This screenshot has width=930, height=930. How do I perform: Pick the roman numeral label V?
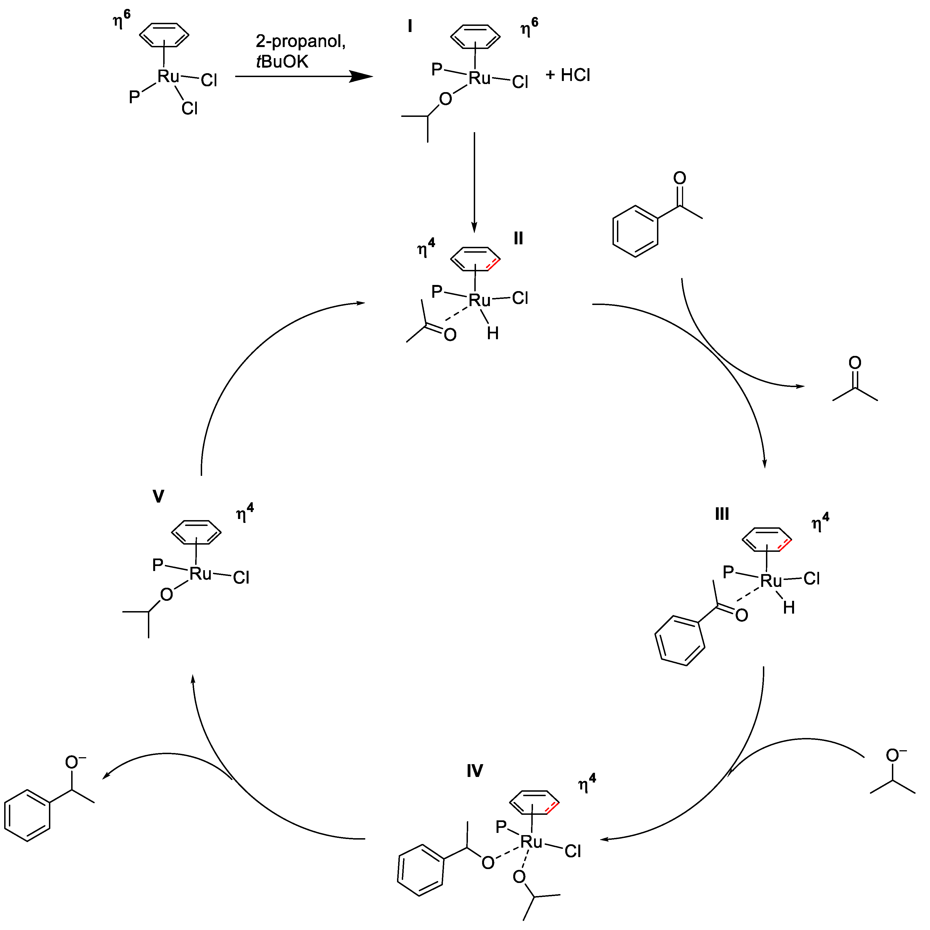(x=158, y=496)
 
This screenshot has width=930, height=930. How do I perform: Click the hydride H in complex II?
(x=492, y=333)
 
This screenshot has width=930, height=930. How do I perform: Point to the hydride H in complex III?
(x=788, y=608)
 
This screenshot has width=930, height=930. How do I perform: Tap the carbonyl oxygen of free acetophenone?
(x=680, y=178)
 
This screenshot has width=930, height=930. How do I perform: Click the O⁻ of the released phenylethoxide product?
(x=72, y=762)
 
